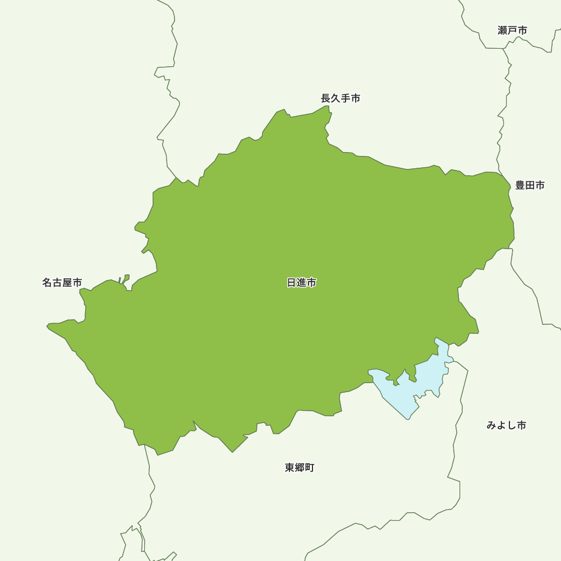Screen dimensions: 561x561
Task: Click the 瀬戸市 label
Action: point(512,30)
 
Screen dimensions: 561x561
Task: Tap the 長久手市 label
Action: point(341,98)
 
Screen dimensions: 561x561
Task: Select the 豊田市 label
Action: point(530,185)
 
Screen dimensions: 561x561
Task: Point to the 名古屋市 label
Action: point(62,283)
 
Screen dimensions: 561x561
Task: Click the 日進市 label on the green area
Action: point(301,283)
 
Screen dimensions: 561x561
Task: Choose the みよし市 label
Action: point(506,425)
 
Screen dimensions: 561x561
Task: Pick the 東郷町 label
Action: point(300,467)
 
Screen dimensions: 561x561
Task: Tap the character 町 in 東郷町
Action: point(310,467)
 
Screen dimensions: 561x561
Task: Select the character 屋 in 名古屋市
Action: point(67,283)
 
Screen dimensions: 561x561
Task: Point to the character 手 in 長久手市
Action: point(346,98)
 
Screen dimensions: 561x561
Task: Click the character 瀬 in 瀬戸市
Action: point(503,30)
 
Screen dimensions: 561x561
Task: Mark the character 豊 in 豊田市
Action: point(520,185)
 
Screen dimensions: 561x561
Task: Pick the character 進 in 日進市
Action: point(301,283)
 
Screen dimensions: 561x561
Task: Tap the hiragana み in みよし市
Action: point(491,425)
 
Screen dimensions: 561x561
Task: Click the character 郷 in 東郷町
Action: point(300,467)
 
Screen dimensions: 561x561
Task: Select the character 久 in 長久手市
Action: point(335,98)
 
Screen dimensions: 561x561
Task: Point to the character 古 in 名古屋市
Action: point(57,283)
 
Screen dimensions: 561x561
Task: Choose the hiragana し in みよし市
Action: point(511,425)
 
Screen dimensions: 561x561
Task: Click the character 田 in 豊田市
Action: point(530,185)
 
